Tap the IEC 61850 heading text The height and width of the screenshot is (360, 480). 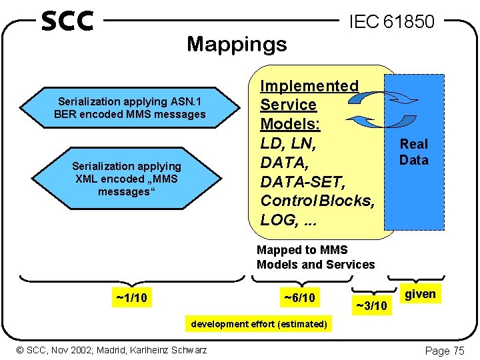[x=391, y=22]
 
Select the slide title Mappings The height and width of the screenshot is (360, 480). [x=237, y=44]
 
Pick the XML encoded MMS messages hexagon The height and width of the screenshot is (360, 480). [x=127, y=178]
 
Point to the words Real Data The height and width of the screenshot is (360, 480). [x=413, y=152]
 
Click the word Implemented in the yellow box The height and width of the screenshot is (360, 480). [x=309, y=86]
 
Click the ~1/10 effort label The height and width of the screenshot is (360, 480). [x=131, y=298]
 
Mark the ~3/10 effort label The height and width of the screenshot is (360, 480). [x=371, y=306]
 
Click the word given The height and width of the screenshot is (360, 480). [x=420, y=294]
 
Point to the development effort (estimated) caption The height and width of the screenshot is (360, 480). [x=259, y=324]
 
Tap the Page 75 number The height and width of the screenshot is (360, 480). [x=445, y=351]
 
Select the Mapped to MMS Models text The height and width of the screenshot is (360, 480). [x=315, y=257]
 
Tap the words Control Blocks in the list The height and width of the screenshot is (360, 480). [x=318, y=201]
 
